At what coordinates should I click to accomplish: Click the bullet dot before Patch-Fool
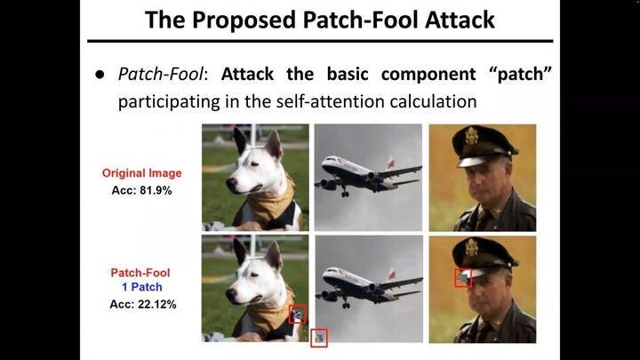pos(100,75)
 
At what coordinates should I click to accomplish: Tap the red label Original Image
pos(141,172)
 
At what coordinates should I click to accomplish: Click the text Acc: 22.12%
pos(142,305)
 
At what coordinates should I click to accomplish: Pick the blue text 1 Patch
pos(142,289)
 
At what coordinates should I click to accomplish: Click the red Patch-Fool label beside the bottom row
pos(141,274)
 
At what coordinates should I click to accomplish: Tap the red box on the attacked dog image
pos(299,314)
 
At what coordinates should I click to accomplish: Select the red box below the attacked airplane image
pos(319,337)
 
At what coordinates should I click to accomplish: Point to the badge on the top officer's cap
pos(472,136)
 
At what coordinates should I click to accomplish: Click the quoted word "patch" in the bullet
pos(521,75)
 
